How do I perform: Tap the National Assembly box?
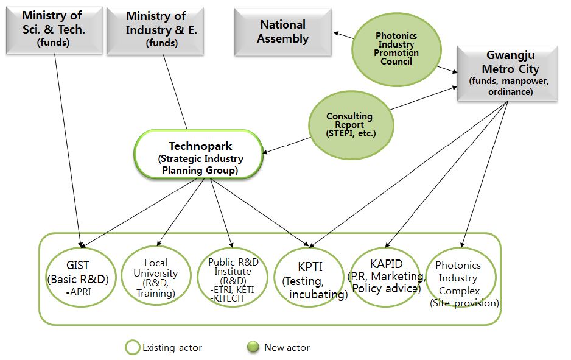coord(283,32)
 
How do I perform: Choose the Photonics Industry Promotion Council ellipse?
coord(397,49)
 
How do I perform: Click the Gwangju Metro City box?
coord(507,74)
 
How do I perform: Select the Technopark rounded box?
coord(198,154)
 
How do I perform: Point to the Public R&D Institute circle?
coord(233,278)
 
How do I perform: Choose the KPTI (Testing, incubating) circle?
coord(309,278)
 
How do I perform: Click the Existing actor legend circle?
coord(132,347)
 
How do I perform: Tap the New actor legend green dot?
coord(253,347)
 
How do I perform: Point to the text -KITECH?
coord(228,298)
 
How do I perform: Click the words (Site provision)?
coord(464,303)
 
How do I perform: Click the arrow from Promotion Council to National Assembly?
coord(342,37)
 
